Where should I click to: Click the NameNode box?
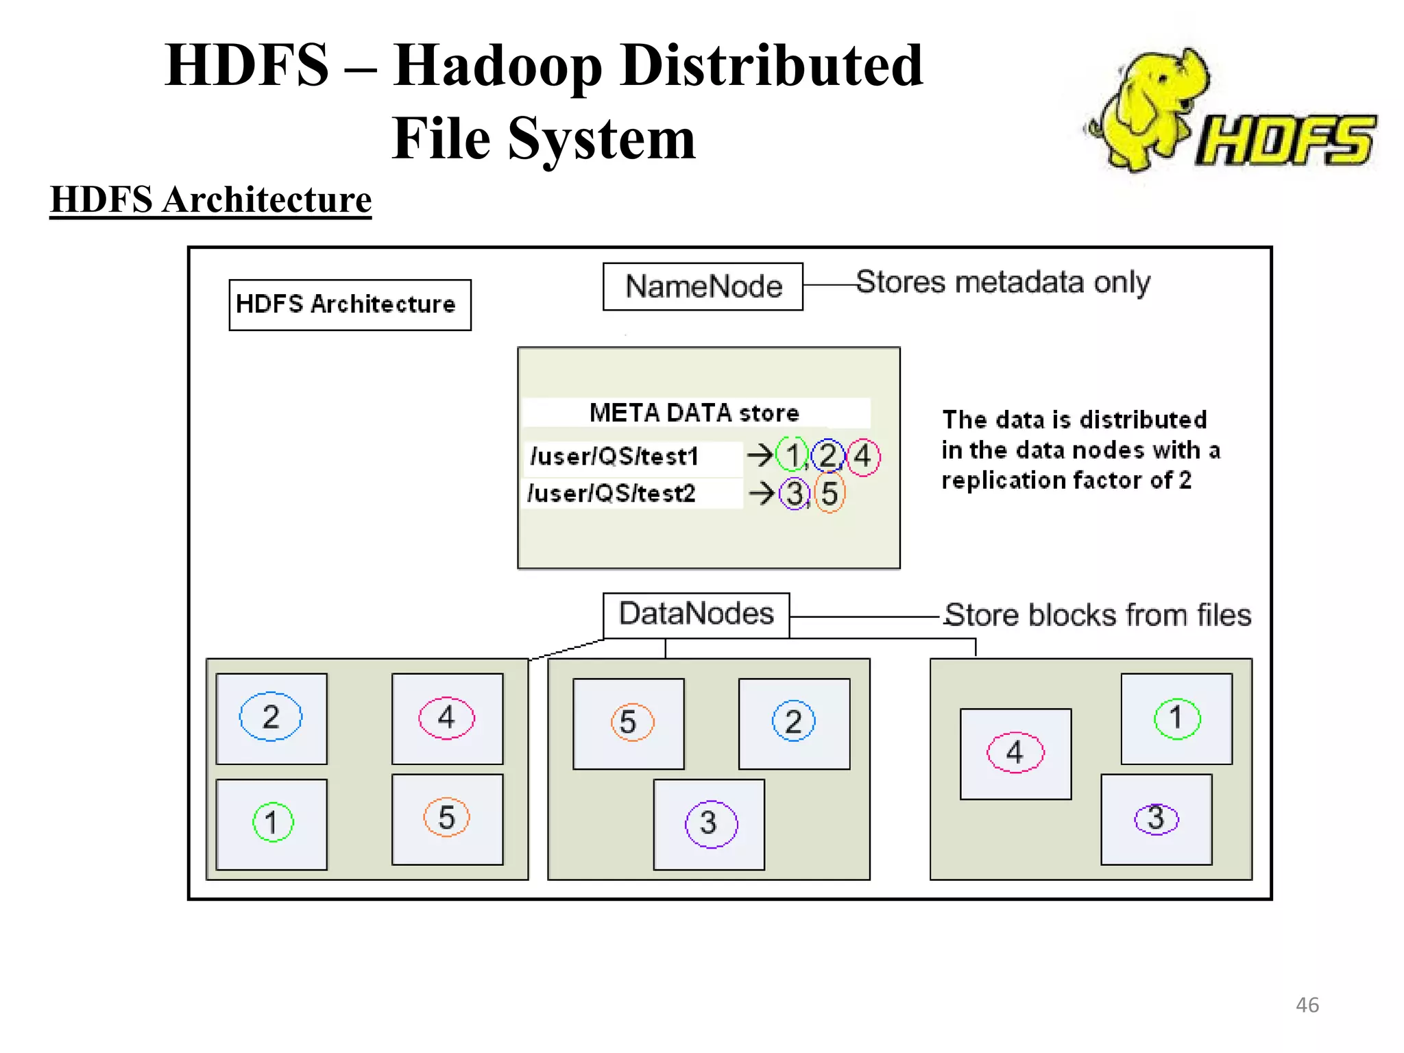[x=703, y=287]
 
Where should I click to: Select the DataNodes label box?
[x=696, y=614]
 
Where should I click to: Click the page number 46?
[x=1307, y=1005]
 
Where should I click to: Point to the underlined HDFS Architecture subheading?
[x=210, y=200]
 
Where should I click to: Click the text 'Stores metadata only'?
[x=1003, y=282]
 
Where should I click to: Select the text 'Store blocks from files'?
[x=1098, y=615]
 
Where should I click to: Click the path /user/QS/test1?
[x=614, y=457]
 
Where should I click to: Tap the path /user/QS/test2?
[x=612, y=494]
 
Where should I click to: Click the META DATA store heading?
[x=694, y=413]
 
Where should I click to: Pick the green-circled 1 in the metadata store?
[x=792, y=456]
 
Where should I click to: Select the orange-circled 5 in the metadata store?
[x=830, y=494]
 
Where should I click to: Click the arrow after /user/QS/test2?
[x=762, y=493]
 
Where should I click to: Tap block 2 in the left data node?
[x=271, y=717]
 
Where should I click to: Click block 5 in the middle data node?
[x=629, y=723]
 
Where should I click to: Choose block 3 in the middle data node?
[x=710, y=823]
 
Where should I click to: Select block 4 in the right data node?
[x=1015, y=753]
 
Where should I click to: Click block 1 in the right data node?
[x=1176, y=718]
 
